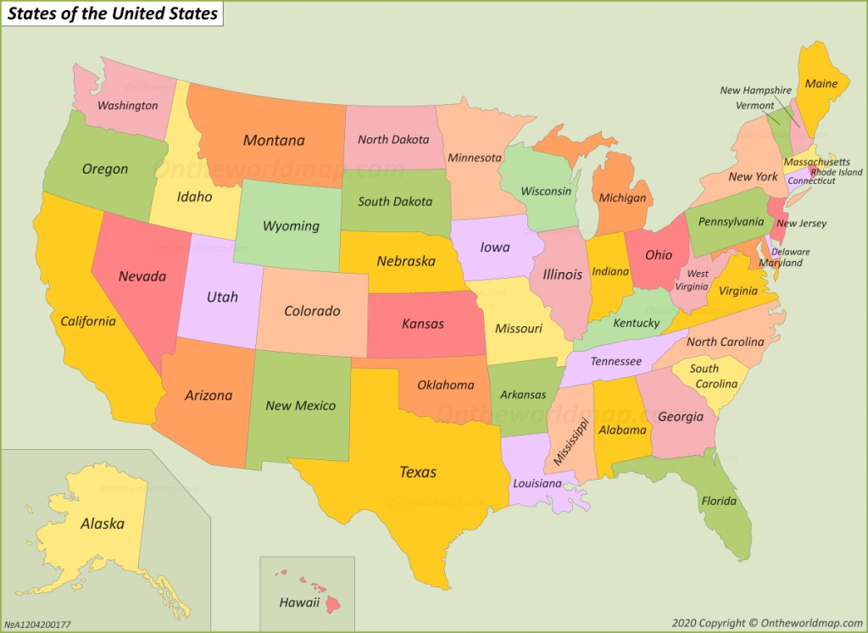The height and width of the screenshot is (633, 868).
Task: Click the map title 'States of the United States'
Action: [113, 14]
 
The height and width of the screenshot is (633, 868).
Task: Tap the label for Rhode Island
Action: [836, 172]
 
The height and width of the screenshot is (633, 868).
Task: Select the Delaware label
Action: [790, 252]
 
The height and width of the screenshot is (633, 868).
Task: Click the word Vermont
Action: [754, 106]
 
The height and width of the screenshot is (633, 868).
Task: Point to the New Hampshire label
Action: [755, 91]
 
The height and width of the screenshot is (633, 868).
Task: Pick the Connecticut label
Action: [811, 180]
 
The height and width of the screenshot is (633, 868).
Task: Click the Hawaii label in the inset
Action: [299, 602]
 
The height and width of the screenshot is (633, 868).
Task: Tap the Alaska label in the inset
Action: [102, 523]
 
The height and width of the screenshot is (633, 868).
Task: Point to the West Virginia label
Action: [697, 280]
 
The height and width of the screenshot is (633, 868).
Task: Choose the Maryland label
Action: [781, 263]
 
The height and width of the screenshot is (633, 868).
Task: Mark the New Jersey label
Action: [801, 224]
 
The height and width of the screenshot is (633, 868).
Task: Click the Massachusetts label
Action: [815, 162]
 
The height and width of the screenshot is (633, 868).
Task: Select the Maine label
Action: [821, 83]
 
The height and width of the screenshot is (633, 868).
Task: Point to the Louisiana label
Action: [537, 483]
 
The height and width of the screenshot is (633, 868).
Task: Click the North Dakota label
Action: [392, 139]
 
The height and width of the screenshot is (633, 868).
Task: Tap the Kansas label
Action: [422, 324]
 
